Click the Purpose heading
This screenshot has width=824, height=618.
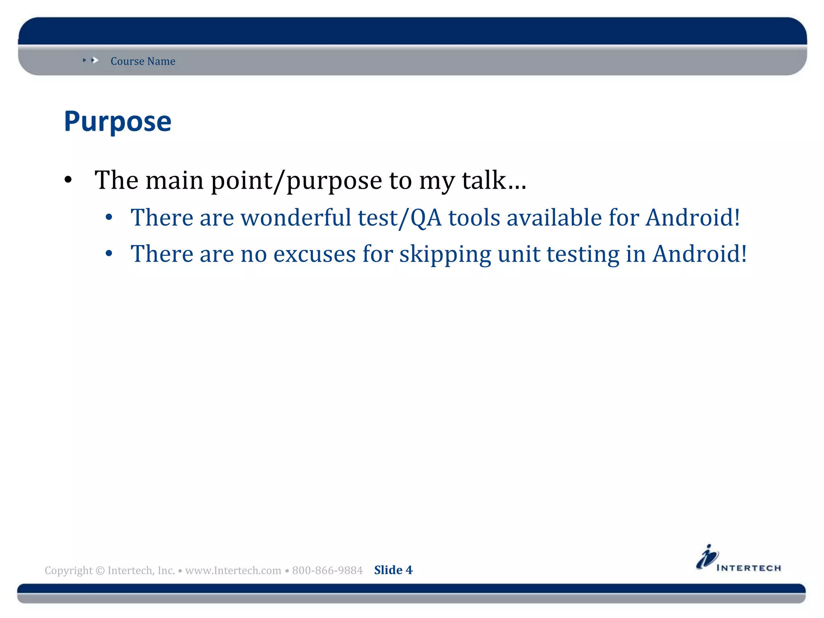tap(117, 122)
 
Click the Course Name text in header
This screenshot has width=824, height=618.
tap(143, 61)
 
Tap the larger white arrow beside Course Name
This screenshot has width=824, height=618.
tap(95, 60)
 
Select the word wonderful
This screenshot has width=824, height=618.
tap(296, 218)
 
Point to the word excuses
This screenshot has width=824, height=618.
tap(314, 254)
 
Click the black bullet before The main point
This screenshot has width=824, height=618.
tap(68, 180)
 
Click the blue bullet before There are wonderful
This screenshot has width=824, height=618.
tap(109, 218)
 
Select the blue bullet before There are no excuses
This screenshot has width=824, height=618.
tap(109, 254)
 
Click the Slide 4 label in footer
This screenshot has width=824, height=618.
tap(393, 570)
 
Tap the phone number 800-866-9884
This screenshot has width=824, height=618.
tap(327, 571)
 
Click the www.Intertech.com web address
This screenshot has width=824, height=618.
tap(233, 571)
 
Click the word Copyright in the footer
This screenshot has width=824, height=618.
tap(68, 571)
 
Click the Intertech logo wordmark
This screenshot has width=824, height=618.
tap(748, 568)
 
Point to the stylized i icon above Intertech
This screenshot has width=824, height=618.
tap(707, 557)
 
